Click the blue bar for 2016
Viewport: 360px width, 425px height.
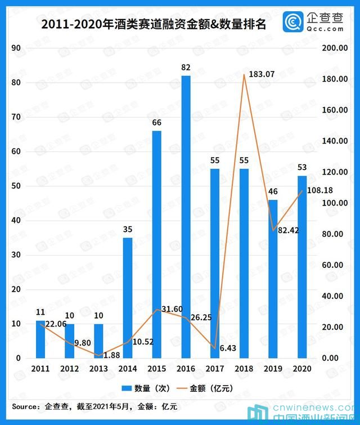pos(186,217)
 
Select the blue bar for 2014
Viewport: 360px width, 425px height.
pos(128,298)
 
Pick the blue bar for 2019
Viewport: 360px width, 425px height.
pos(273,279)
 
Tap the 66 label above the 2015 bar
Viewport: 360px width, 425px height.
pos(157,123)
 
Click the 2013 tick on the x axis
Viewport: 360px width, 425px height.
pos(98,369)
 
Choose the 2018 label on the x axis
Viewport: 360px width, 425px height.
pos(244,369)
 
